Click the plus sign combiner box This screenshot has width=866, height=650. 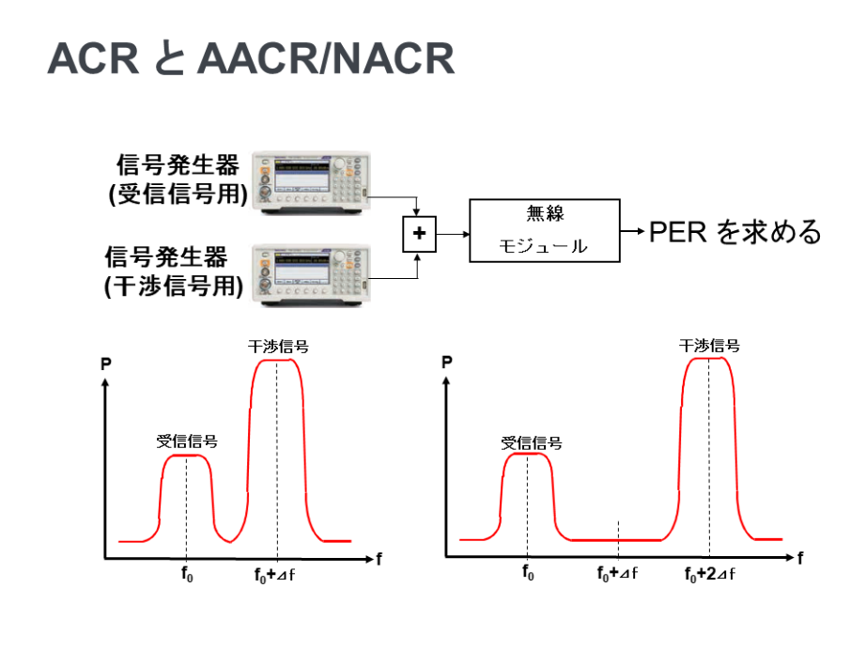point(419,234)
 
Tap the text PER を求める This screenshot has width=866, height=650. point(735,232)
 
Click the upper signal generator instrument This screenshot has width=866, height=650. point(311,181)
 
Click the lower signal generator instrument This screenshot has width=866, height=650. point(311,274)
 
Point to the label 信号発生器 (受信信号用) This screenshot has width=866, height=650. point(178,179)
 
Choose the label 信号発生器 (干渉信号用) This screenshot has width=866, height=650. point(174,271)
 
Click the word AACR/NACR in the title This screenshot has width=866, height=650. point(326,58)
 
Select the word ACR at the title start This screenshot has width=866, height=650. point(93,58)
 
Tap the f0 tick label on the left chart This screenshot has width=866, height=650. point(187,574)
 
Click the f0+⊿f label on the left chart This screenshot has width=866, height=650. point(274,575)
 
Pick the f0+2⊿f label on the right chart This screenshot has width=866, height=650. point(710,574)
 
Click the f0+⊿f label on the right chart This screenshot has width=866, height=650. point(617,574)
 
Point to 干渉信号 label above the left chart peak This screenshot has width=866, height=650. point(278,347)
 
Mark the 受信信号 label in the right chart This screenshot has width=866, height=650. point(532,443)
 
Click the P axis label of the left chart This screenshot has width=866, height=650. point(106,364)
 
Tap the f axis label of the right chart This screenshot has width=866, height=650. point(800,558)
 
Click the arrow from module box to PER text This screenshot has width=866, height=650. point(632,231)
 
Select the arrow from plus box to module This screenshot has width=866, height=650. point(453,234)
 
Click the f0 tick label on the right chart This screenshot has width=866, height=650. point(528,573)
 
